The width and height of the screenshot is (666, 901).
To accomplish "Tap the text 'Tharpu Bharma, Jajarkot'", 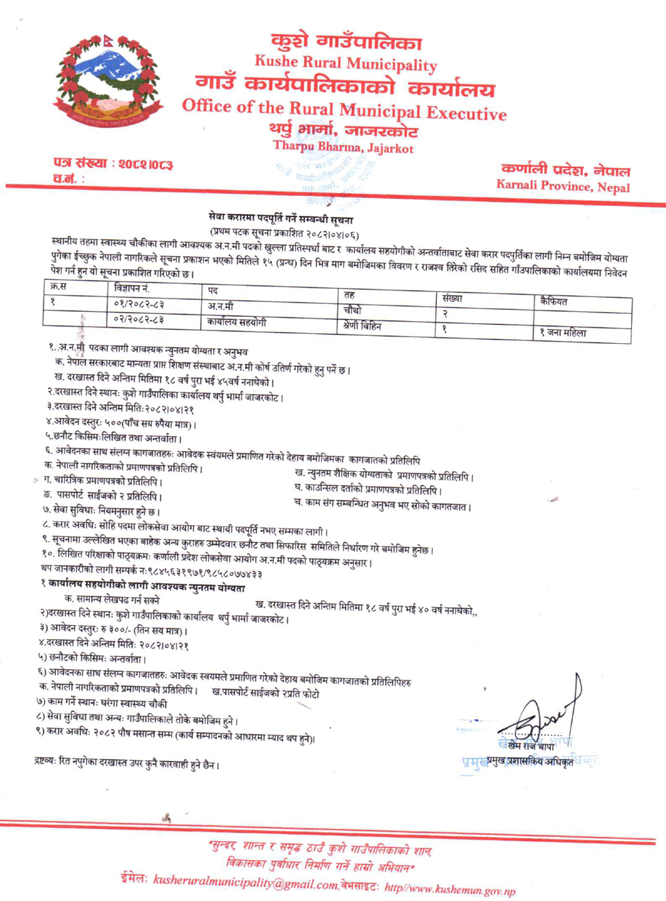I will [343, 147].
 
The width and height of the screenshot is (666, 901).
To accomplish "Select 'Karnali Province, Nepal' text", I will [563, 186].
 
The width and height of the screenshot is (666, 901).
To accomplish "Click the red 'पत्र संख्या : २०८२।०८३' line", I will [113, 163].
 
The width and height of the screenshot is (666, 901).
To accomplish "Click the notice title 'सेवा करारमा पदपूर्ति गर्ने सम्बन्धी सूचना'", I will [280, 219].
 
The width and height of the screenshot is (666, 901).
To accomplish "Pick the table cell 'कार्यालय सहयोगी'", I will [236, 323].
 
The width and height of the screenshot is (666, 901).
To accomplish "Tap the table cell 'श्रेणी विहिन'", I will [362, 327].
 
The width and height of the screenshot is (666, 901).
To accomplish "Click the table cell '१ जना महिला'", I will [563, 333].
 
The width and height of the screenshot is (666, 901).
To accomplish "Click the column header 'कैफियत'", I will [554, 301].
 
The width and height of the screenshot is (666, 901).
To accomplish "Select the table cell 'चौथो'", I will [353, 310].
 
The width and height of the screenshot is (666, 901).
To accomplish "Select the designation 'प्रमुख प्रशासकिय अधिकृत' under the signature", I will [529, 761].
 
